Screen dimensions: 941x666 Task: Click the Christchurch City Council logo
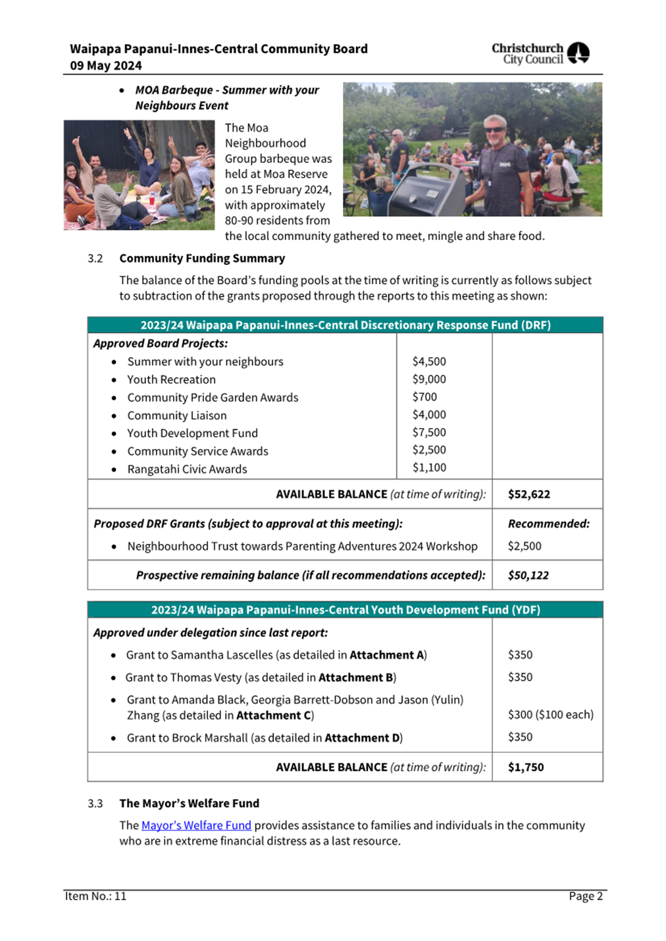[540, 53]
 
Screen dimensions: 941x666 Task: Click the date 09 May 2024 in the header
[106, 66]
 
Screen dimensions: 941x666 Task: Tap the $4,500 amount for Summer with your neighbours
[429, 362]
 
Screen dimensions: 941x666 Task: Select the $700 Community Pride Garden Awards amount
[424, 397]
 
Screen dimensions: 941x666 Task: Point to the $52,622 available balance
[528, 495]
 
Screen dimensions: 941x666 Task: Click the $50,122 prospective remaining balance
[528, 575]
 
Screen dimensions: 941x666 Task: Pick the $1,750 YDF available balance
[526, 767]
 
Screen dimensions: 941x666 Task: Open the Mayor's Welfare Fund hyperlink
[196, 825]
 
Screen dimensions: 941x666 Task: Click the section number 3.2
[95, 258]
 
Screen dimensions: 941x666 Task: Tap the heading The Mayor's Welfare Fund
[189, 804]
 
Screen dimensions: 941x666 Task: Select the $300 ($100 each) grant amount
[550, 715]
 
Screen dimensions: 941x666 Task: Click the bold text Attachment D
[362, 738]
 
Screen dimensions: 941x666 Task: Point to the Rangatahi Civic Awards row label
[187, 470]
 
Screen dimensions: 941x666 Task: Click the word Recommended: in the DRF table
[548, 524]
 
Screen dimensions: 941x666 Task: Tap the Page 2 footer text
[586, 896]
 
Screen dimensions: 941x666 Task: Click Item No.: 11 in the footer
[95, 896]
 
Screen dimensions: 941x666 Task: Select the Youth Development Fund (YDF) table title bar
[345, 610]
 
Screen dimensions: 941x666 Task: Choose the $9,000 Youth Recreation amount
[429, 379]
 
